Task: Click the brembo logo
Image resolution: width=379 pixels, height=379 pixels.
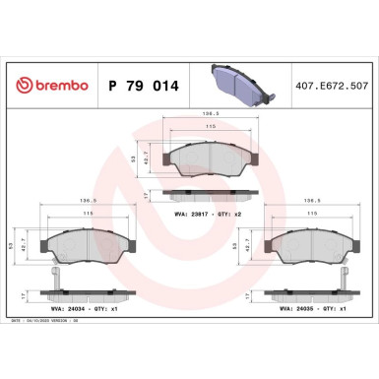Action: point(48,86)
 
